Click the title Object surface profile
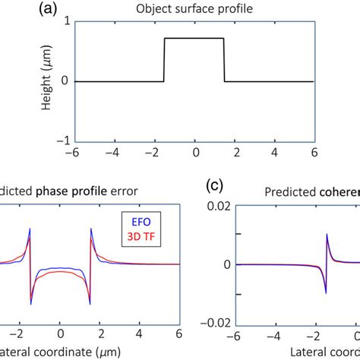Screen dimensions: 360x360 point(194,10)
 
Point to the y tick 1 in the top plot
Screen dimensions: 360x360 point(70,22)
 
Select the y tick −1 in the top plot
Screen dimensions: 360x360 point(67,140)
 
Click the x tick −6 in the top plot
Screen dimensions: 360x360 point(77,151)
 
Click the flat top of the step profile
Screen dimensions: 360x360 point(194,38)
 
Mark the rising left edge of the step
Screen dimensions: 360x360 point(165,59)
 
